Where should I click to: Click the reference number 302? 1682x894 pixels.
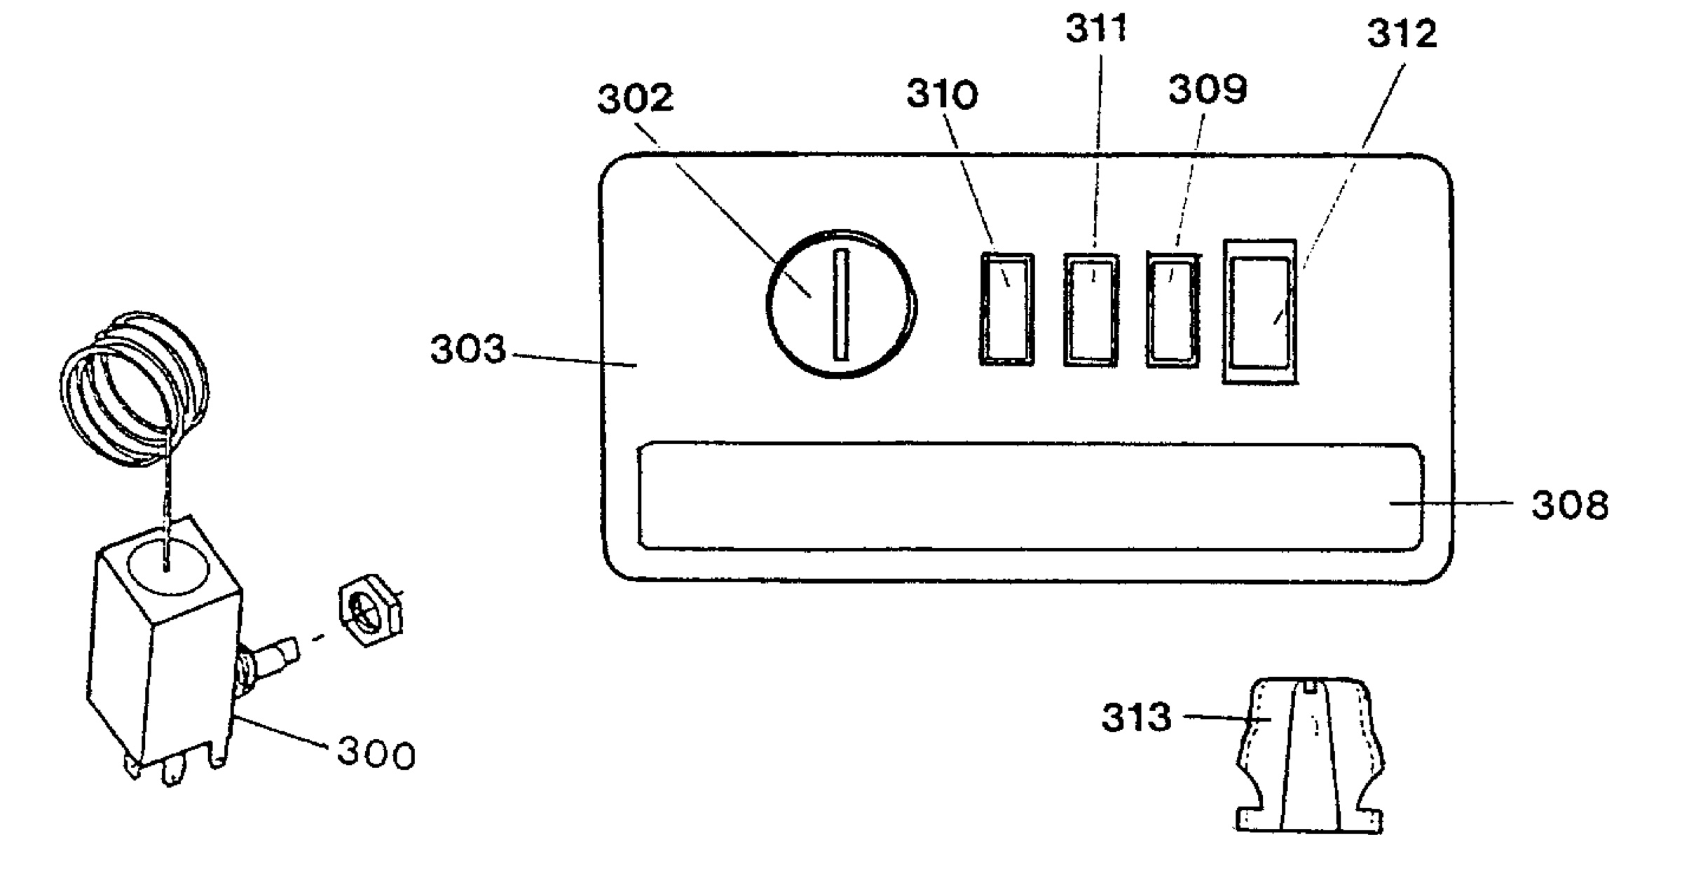635,99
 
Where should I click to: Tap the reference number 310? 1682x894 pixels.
942,95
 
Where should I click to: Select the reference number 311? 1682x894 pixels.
1096,29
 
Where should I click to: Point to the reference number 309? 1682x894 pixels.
1208,89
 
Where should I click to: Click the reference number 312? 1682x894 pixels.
1402,34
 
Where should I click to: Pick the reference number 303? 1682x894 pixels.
467,349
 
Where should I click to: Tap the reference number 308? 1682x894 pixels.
1570,505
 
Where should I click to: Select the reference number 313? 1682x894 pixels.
1136,717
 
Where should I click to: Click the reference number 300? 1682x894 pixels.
376,754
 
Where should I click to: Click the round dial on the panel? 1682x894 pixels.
840,303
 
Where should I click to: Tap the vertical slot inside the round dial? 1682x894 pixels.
841,305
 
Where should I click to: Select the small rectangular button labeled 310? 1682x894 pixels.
1006,309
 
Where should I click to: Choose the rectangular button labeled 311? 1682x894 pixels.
1091,310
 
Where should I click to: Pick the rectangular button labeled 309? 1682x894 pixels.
1172,310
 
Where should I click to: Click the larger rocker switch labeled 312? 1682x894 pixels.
1260,312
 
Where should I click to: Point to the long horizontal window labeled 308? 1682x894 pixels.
1030,496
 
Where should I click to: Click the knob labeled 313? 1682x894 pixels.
1310,755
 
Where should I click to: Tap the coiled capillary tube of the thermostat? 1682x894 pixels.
133,389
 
